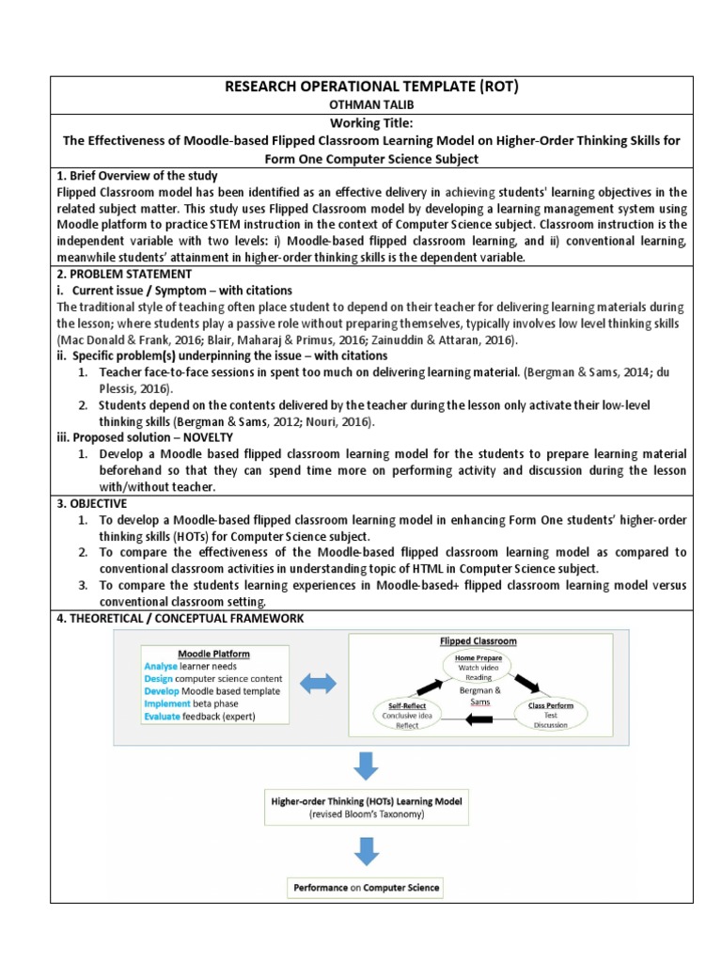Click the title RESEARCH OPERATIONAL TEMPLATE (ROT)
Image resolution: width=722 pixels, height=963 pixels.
pyautogui.click(x=369, y=87)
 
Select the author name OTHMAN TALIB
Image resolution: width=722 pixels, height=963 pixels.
pyautogui.click(x=369, y=106)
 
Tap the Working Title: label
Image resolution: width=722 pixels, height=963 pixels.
pyautogui.click(x=369, y=123)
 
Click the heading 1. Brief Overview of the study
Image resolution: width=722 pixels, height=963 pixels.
pyautogui.click(x=137, y=176)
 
